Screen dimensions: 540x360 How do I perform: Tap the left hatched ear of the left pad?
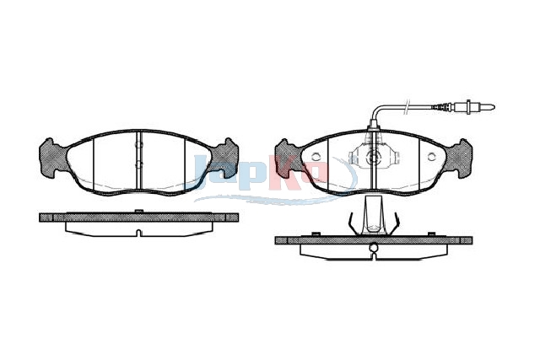click(x=52, y=158)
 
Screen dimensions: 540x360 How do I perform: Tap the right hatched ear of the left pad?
click(x=225, y=158)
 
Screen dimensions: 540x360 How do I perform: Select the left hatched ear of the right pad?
click(x=288, y=159)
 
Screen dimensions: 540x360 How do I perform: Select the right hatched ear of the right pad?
click(x=459, y=159)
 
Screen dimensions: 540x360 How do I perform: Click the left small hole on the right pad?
click(x=316, y=157)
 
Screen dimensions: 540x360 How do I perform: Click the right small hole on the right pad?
click(x=431, y=157)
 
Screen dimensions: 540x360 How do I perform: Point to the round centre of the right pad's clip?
click(x=373, y=158)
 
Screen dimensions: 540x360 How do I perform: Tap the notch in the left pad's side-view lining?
click(x=138, y=233)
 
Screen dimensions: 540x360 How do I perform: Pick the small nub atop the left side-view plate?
click(x=138, y=211)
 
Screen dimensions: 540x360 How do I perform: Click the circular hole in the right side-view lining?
click(x=373, y=248)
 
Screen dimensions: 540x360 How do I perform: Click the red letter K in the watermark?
click(x=283, y=173)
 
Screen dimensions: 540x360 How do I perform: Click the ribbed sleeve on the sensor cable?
click(x=442, y=107)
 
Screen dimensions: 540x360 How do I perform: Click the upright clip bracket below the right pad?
click(x=373, y=215)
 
